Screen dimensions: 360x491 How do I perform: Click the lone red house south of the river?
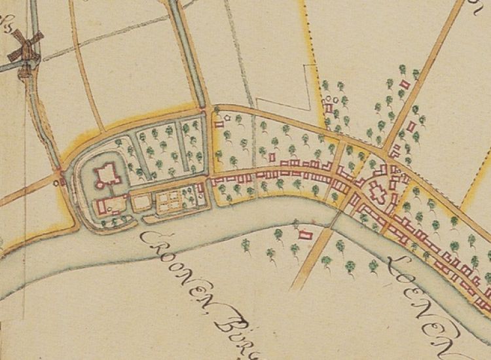coord(303,234)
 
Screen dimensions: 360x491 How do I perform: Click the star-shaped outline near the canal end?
coord(227,118)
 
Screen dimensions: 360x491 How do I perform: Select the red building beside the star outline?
coord(219,122)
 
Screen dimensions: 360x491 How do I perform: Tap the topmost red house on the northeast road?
coord(404,84)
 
